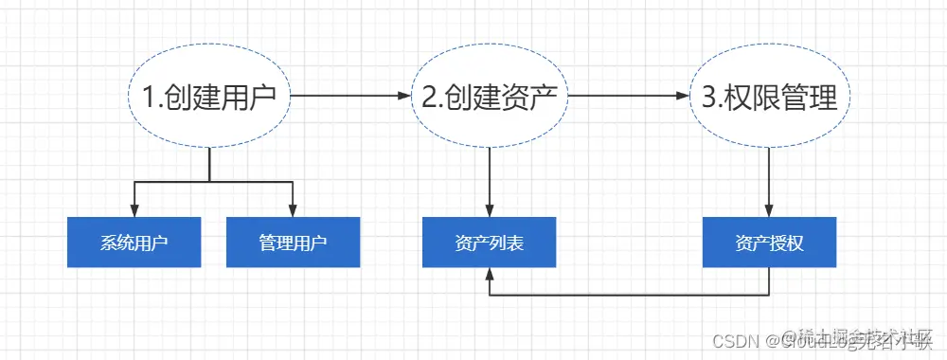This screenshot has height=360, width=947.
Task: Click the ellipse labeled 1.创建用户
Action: [x=208, y=97]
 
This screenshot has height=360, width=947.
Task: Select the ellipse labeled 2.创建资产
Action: [x=489, y=97]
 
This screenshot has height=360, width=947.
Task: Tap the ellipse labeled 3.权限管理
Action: [x=769, y=97]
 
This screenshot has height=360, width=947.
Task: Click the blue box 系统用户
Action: [x=134, y=243]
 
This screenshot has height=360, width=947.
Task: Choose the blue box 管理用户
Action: [x=293, y=243]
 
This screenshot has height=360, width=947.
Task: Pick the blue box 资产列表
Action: [x=489, y=243]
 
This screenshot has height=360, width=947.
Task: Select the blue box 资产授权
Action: [x=769, y=243]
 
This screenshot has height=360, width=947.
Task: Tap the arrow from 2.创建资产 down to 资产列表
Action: [x=489, y=180]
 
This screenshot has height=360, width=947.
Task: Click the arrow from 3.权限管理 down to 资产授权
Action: [x=769, y=180]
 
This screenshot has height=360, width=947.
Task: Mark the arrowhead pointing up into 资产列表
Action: [x=489, y=274]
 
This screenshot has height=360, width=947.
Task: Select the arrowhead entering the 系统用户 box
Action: [x=134, y=211]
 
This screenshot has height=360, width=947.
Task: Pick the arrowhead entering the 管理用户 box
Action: [x=293, y=211]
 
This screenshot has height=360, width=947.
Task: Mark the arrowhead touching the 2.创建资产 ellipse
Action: [x=403, y=97]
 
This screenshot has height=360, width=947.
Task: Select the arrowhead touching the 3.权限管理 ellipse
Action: [x=683, y=97]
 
